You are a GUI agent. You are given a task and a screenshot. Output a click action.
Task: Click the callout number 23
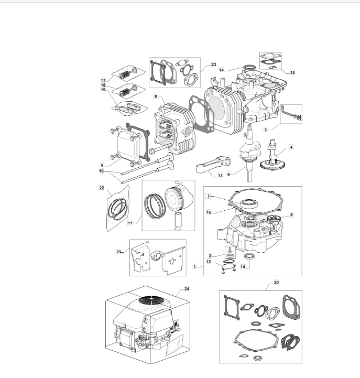click(214, 64)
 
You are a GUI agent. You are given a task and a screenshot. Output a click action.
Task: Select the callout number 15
click(292, 72)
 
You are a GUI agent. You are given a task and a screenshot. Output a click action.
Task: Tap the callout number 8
click(156, 96)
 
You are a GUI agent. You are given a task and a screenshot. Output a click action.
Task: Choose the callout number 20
click(276, 282)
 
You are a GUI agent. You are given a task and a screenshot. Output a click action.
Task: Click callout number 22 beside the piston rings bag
click(102, 188)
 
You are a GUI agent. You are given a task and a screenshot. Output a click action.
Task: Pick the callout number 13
click(220, 176)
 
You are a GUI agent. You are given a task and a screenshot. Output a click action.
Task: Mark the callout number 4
click(291, 147)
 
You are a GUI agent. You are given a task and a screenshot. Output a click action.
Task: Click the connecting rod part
click(213, 165)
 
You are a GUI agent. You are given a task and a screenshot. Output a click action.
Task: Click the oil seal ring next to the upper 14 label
click(249, 67)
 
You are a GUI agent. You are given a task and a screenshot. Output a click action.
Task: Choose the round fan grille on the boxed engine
click(151, 301)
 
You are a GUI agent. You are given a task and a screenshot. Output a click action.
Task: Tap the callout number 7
click(209, 196)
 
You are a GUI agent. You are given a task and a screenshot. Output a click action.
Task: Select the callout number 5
click(291, 214)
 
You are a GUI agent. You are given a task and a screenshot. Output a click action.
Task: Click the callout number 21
click(118, 252)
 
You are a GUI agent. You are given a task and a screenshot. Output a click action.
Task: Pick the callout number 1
click(195, 267)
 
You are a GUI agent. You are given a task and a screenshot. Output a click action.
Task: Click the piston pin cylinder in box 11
click(178, 221)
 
